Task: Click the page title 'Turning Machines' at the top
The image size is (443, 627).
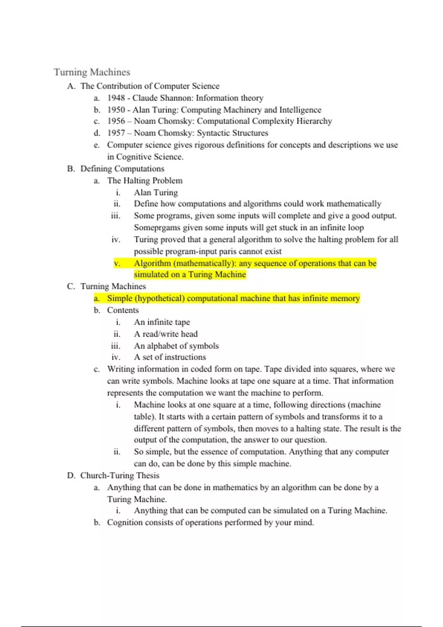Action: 92,72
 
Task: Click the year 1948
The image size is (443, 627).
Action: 116,98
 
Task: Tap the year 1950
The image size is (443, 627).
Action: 116,110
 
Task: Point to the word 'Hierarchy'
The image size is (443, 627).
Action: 314,121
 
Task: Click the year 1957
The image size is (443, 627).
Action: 116,133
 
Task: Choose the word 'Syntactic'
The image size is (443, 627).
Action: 213,133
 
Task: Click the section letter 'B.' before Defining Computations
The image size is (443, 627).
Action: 71,169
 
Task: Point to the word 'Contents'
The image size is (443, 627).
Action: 123,310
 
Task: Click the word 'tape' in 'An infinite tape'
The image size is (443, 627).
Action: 182,322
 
